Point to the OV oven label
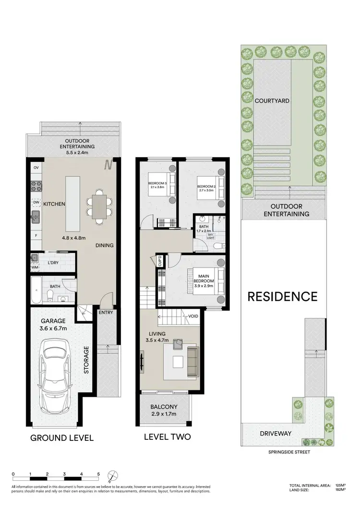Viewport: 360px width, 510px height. click(36, 168)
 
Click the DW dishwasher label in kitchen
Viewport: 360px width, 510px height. click(36, 202)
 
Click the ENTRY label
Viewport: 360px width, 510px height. click(105, 313)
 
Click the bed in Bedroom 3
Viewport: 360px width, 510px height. click(167, 184)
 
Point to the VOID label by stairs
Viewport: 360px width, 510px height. click(194, 316)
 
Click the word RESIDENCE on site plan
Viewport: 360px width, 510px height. click(282, 296)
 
